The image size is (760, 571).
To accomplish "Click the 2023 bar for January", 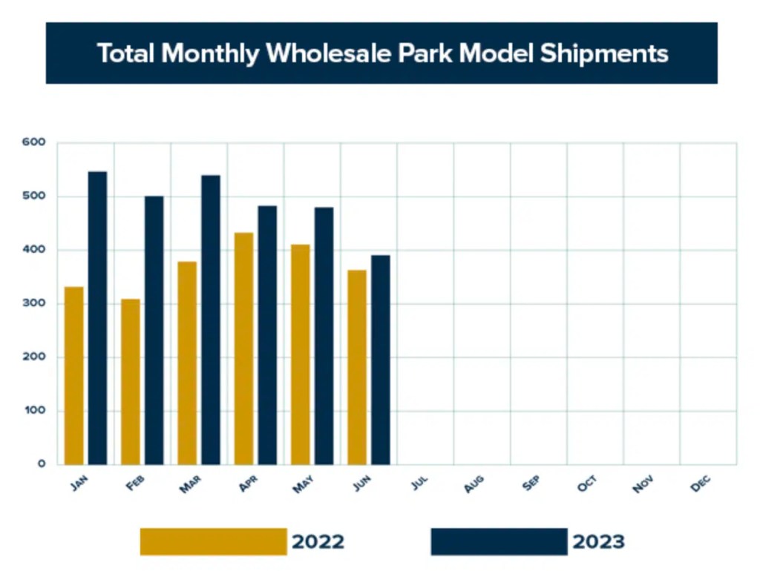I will tap(97, 318).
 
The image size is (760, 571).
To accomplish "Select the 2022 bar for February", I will tap(131, 382).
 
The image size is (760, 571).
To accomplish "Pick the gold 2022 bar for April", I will tap(243, 349).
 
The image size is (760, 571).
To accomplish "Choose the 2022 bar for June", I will tap(357, 367).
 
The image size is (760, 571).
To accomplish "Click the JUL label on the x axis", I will tap(420, 485).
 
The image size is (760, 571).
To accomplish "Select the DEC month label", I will tap(701, 485).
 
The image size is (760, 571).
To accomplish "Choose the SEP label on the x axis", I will tap(531, 485).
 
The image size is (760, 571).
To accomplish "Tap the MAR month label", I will tap(191, 485).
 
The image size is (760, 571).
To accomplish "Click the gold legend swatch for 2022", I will tap(213, 541).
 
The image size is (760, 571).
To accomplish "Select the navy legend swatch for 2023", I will tap(499, 541).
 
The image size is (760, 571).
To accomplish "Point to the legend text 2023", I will tap(598, 542).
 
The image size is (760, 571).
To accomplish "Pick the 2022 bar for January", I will tap(73, 375).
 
